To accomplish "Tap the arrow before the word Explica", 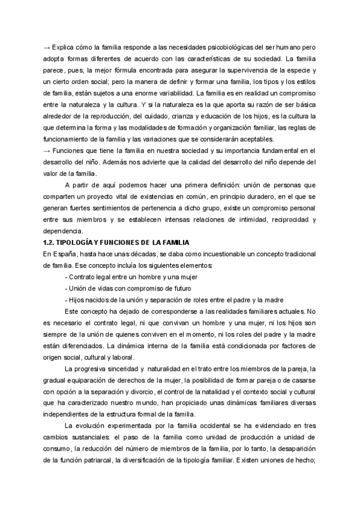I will (x=47, y=47).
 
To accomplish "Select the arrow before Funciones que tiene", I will (x=47, y=150).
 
